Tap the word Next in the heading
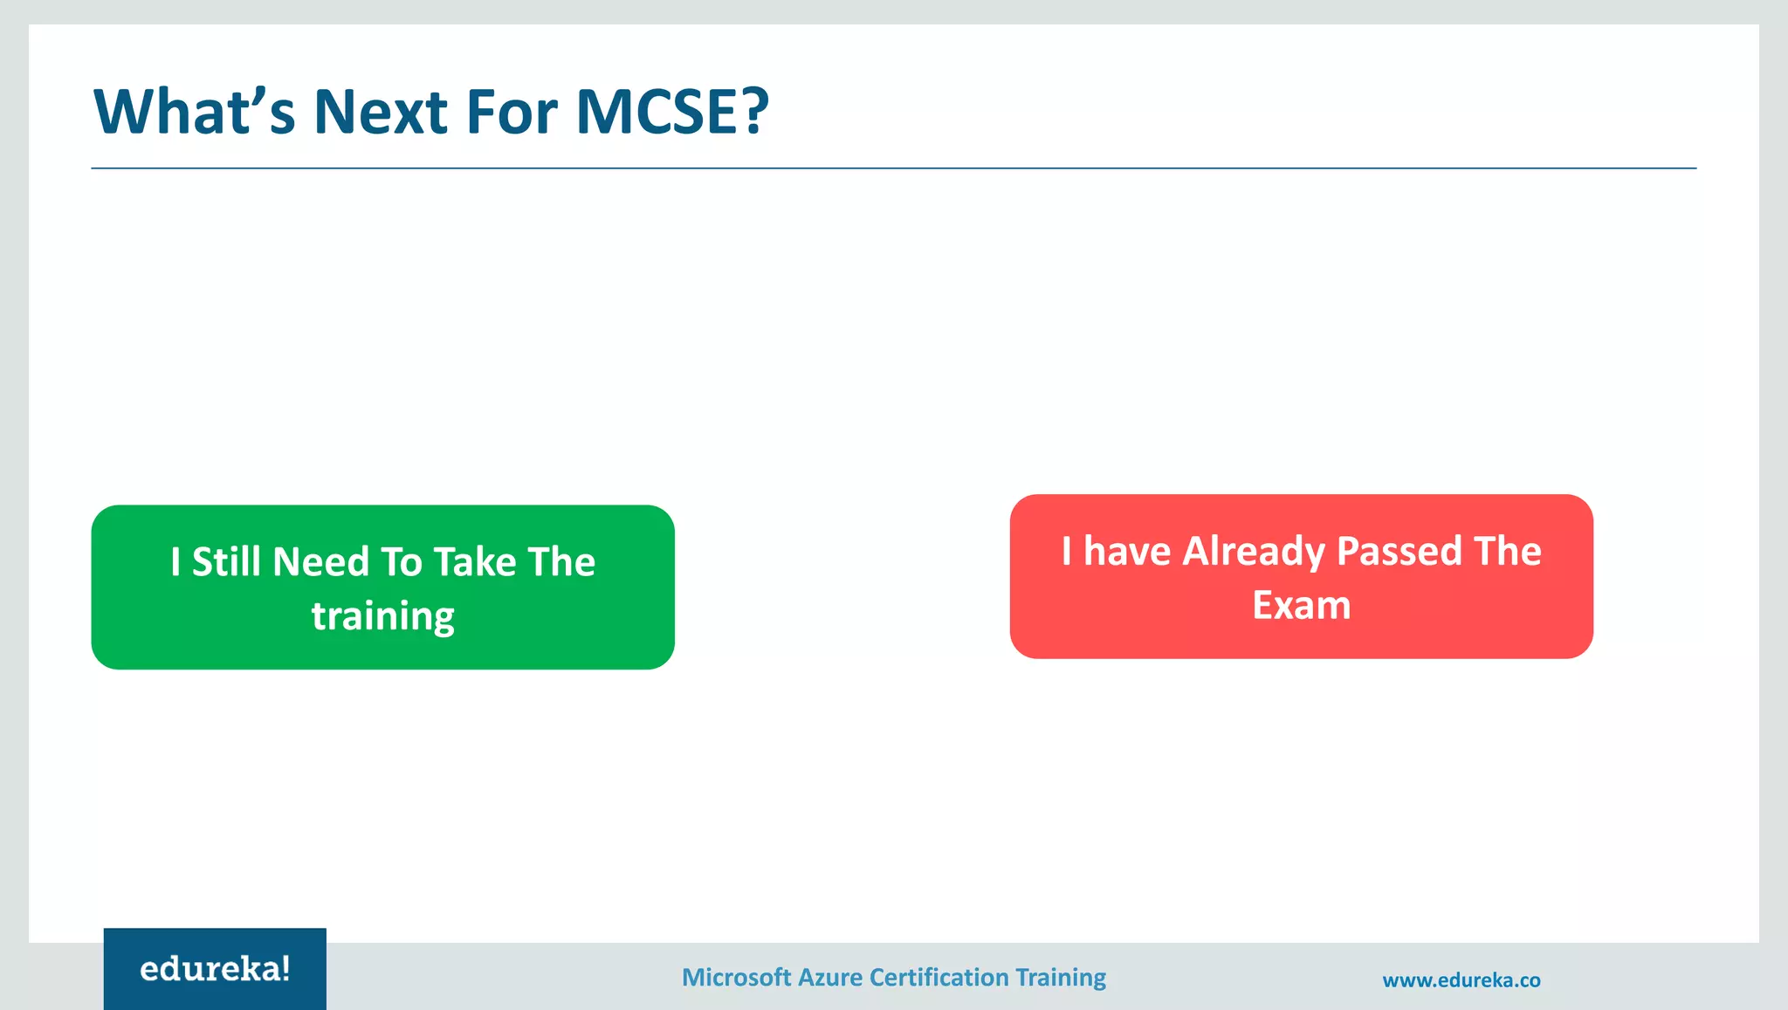380,112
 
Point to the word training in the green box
382,616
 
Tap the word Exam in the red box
1301,606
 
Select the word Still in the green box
226,561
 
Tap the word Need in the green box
320,561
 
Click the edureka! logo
215,969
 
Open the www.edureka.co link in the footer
1461,980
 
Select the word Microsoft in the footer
736,978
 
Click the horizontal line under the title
893,168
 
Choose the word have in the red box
1126,552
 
